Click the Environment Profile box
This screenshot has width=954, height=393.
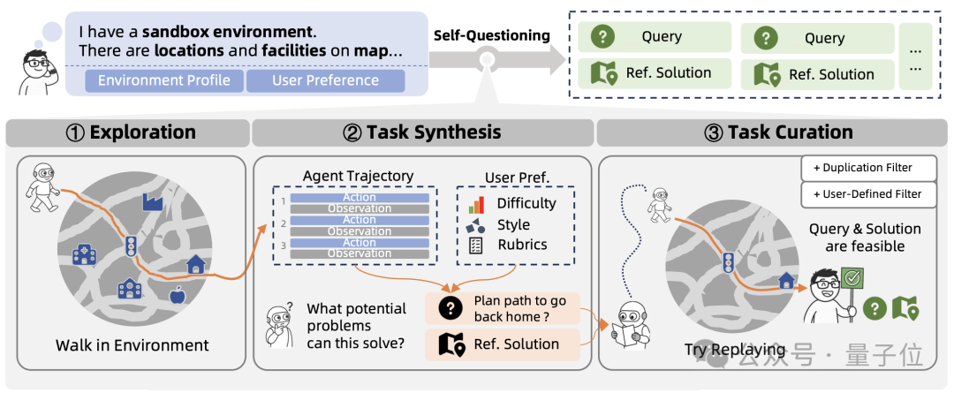point(164,81)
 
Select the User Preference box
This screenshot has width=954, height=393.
point(325,81)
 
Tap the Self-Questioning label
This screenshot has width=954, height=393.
point(491,35)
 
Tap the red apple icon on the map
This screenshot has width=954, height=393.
point(177,293)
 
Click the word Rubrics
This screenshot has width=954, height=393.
point(522,245)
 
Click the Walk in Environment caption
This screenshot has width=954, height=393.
point(132,344)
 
